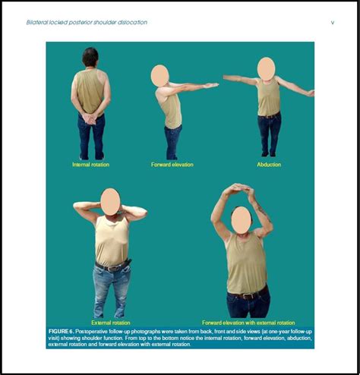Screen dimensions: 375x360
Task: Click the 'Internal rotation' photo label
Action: point(90,164)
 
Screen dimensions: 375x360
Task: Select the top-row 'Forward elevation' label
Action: point(172,164)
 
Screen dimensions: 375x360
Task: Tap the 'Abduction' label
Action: point(269,164)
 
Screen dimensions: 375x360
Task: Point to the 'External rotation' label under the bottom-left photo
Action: point(110,323)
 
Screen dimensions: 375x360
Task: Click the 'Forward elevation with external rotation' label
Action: point(248,323)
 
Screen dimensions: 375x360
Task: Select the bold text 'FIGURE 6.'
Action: point(62,332)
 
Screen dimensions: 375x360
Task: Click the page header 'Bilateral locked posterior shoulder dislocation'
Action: point(87,23)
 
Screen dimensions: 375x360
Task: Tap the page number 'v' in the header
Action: point(332,23)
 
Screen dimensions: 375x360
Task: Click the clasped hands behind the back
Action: point(90,118)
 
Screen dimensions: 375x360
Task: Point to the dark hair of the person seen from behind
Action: point(90,55)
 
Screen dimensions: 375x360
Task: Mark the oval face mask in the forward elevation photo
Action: point(159,75)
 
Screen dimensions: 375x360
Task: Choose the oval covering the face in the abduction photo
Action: point(266,68)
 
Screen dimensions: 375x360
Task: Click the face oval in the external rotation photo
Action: point(110,201)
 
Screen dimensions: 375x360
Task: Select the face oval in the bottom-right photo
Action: point(242,219)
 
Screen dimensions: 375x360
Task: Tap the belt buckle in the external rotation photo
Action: point(114,266)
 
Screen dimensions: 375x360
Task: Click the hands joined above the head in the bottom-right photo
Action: point(237,188)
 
